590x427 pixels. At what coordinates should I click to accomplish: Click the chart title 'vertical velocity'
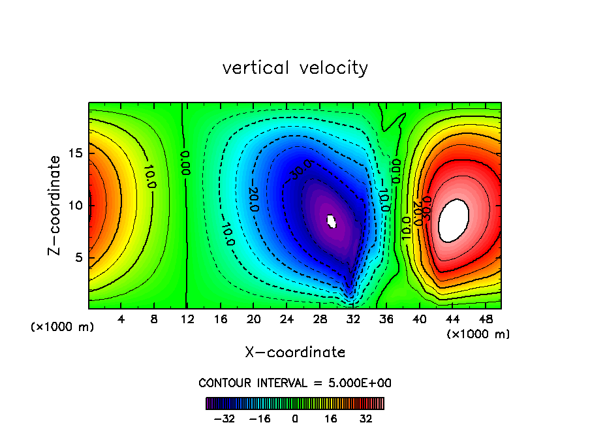tap(295, 68)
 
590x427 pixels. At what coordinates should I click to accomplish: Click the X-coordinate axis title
tap(295, 353)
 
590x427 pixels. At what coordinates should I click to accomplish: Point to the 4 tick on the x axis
tap(121, 319)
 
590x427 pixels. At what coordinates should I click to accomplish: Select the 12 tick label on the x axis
tap(187, 319)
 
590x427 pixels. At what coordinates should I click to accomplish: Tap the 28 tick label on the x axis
tap(320, 319)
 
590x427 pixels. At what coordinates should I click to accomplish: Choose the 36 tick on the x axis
tap(386, 319)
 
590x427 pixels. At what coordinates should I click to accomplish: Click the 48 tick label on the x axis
tap(486, 319)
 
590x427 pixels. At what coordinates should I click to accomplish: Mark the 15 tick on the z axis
tap(76, 153)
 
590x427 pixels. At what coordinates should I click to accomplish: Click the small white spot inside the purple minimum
tap(332, 221)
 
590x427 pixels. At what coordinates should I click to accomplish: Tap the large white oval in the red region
tap(454, 220)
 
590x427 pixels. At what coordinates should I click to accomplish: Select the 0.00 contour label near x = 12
tap(185, 162)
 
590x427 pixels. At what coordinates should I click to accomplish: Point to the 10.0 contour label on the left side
tap(150, 177)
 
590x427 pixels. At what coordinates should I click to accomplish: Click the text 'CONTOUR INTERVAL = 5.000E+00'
tap(295, 383)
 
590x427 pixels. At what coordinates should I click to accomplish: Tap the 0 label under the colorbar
tap(295, 418)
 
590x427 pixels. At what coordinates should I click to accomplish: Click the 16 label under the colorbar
tap(330, 418)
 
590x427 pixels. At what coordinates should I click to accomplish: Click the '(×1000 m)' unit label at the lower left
tap(63, 327)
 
